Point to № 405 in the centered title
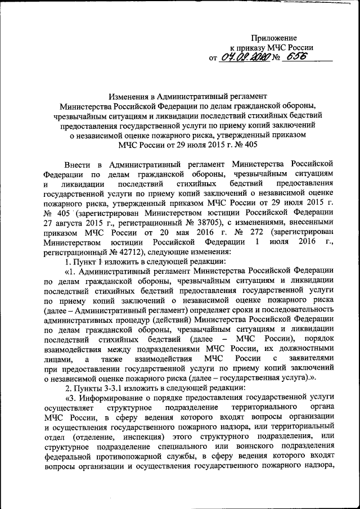click(x=230, y=145)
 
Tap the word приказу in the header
click(x=250, y=47)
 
